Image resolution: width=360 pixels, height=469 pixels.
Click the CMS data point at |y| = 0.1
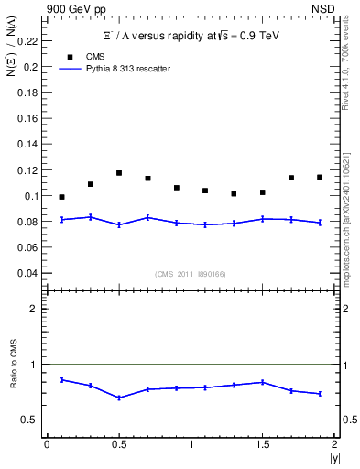tap(61, 197)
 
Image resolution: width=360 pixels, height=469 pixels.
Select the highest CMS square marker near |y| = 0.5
tap(119, 173)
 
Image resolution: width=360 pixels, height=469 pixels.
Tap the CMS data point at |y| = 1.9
tap(320, 177)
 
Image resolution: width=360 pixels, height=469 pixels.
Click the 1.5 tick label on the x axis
tap(262, 444)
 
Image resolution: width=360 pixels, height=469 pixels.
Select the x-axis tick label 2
tap(334, 444)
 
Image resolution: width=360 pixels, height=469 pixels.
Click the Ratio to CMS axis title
tap(13, 379)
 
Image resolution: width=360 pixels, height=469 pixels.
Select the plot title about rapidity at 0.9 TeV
tap(189, 36)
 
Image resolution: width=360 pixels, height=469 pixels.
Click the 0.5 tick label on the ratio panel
tap(30, 420)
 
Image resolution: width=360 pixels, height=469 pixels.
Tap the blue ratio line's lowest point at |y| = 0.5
tap(119, 398)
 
